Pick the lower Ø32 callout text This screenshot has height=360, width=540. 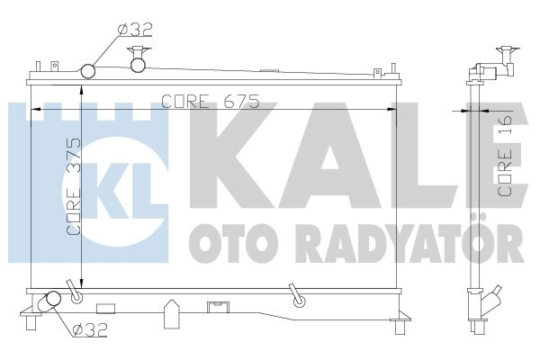tap(89, 330)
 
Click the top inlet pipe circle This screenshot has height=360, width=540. tap(89, 71)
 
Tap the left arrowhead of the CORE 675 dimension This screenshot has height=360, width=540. tap(36, 110)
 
